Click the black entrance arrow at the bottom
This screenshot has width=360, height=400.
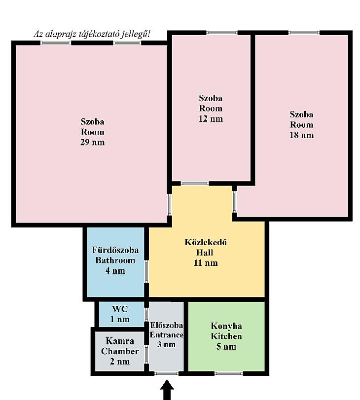[167, 390]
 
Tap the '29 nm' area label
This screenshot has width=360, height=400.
[92, 142]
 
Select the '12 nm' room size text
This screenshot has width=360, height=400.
[211, 119]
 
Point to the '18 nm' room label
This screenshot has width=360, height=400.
[301, 135]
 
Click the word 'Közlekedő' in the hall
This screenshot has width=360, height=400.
[205, 242]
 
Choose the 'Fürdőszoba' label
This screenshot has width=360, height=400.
[115, 250]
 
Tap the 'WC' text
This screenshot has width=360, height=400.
[120, 309]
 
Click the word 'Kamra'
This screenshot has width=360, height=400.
[120, 340]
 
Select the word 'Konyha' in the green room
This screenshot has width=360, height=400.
[226, 326]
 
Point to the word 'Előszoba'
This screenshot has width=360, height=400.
[166, 325]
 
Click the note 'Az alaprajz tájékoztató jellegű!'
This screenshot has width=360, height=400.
[92, 34]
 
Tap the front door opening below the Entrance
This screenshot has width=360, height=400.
[166, 373]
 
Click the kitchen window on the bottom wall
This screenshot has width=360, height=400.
[228, 373]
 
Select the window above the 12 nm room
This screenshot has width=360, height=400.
[221, 33]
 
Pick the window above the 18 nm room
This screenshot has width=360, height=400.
[304, 33]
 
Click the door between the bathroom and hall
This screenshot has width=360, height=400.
[146, 271]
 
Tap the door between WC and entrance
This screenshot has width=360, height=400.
[146, 315]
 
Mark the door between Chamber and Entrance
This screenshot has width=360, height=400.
[146, 354]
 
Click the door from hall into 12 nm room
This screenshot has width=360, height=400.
[195, 183]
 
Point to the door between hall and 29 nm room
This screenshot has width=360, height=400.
[170, 204]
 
